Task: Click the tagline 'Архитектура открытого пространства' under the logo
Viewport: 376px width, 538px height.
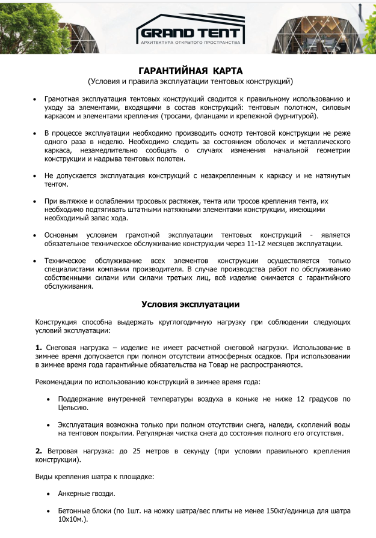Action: pos(190,43)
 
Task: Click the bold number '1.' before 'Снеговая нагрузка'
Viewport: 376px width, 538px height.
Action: pos(39,347)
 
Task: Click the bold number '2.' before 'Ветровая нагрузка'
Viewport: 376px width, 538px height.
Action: pos(39,450)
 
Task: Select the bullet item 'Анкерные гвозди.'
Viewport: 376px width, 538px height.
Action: pos(87,494)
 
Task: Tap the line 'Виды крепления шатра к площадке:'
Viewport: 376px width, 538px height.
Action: pos(95,476)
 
